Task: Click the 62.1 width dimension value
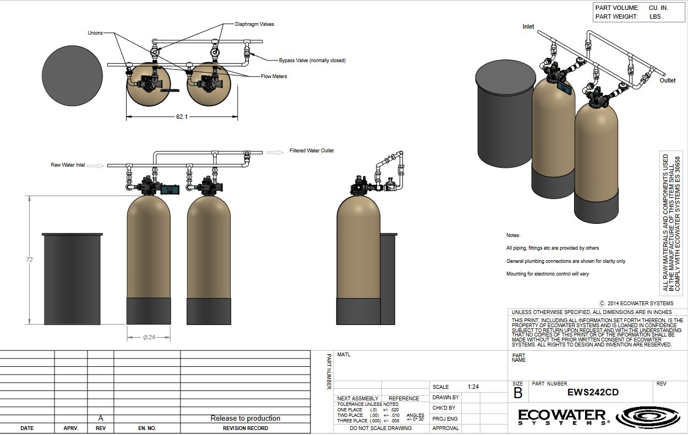182,117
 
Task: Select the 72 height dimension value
29,260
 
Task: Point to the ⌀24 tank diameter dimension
149,337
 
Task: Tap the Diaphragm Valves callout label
254,24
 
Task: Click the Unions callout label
95,33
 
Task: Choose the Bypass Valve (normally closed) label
312,60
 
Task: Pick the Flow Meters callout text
274,76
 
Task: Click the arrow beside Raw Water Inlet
96,166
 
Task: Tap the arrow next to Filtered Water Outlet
275,152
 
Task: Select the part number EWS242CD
592,392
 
